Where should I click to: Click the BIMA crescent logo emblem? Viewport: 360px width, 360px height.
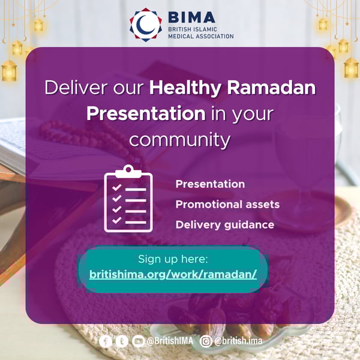coord(146,25)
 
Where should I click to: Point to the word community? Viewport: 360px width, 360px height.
coord(180,139)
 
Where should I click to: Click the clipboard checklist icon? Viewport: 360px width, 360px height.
coord(128,199)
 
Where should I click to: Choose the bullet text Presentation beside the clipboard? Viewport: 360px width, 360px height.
coord(210,184)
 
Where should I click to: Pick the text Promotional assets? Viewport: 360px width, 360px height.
coord(227,205)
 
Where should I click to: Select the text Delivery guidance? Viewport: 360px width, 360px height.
coord(224,225)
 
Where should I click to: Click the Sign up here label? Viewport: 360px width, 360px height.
coord(173,259)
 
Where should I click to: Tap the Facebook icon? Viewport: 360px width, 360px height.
coord(106,341)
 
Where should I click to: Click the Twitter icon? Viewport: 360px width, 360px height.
coord(122,341)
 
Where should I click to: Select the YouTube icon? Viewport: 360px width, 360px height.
coord(138,341)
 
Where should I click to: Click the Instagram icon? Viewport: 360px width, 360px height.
coord(206,341)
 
